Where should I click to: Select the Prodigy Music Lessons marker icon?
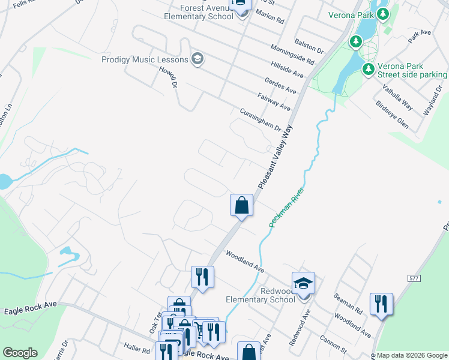pos(197,58)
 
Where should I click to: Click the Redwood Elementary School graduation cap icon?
pos(303,283)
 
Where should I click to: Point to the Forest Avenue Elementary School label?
pos(198,12)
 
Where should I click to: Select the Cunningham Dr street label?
pos(261,120)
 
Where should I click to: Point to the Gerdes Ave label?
pos(280,85)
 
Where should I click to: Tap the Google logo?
pos(20,353)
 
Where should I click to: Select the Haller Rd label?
pos(137,348)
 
